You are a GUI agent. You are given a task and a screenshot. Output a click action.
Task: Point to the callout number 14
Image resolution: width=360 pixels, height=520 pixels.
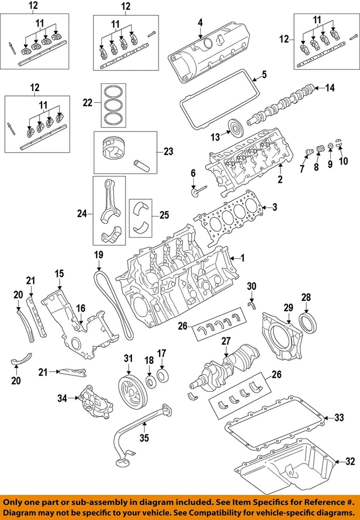(330, 87)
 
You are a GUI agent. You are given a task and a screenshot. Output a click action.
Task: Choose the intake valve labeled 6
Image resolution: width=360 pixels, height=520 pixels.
(198, 191)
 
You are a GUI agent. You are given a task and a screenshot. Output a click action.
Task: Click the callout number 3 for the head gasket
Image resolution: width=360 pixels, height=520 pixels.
(274, 206)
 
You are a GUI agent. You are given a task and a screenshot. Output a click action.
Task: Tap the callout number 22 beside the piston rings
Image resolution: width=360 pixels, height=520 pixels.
(88, 101)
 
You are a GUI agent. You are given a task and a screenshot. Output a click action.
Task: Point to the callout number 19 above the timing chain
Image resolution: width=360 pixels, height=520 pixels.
(98, 254)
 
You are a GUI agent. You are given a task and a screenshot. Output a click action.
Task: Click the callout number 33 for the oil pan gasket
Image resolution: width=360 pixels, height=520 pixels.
(339, 417)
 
